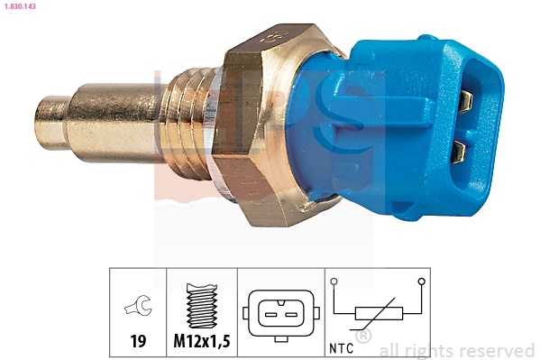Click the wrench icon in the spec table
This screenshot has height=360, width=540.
[x=138, y=308]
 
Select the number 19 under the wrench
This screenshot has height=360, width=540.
[x=138, y=341]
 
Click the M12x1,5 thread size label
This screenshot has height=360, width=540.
[x=202, y=341]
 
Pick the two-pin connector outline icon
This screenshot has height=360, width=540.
[x=278, y=312]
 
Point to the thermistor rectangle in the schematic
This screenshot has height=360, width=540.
[x=376, y=314]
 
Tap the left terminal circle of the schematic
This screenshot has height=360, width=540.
[x=334, y=282]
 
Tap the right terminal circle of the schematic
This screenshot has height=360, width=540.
[x=420, y=282]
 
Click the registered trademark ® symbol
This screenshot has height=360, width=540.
[x=363, y=337]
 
